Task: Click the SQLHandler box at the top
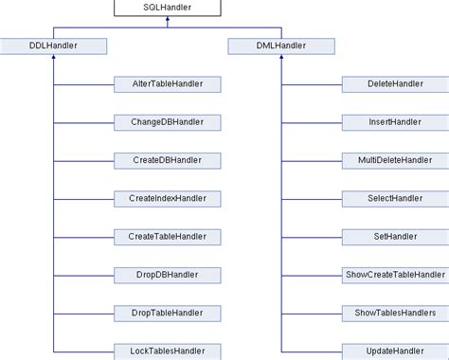(x=168, y=8)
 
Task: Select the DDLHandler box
(x=54, y=45)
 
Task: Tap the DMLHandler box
(x=281, y=45)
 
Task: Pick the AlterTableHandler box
(x=168, y=84)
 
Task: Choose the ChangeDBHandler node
(x=168, y=122)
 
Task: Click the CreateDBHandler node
(x=168, y=160)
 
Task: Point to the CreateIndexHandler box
(x=168, y=198)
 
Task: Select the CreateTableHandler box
(x=168, y=236)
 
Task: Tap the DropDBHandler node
(x=168, y=274)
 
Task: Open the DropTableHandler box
(x=168, y=312)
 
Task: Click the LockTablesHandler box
(x=168, y=350)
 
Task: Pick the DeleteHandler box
(x=394, y=84)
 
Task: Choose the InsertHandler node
(x=394, y=122)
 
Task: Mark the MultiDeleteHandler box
(x=394, y=160)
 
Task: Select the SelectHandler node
(x=394, y=198)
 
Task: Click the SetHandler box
(x=394, y=236)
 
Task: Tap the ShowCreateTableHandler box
(x=394, y=274)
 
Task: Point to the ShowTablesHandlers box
(x=394, y=312)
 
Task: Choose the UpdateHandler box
(x=394, y=350)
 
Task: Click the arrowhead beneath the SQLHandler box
(x=168, y=22)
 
